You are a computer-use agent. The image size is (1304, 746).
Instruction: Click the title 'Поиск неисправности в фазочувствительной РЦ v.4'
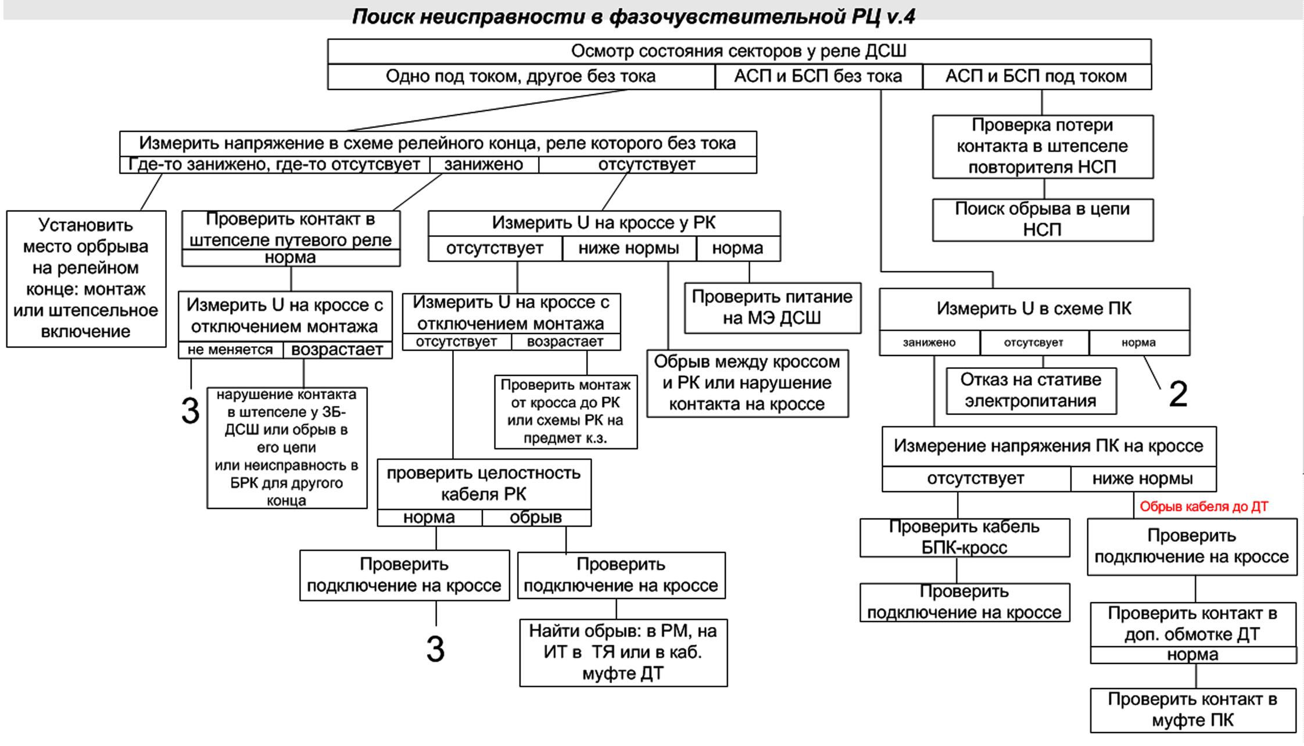[x=633, y=16]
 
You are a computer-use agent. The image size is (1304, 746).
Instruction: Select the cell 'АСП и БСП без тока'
[x=818, y=77]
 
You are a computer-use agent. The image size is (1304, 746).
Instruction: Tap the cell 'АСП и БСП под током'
[x=1036, y=77]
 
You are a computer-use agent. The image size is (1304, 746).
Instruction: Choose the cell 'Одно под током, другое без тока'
[x=521, y=77]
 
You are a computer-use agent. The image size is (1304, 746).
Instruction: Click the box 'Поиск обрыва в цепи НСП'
[x=1043, y=220]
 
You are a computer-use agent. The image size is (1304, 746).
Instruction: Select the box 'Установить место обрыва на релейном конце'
[x=86, y=278]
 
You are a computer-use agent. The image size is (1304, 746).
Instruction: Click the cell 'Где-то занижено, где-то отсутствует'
[x=274, y=165]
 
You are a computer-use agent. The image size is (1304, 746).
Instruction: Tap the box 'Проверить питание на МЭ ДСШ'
[x=772, y=308]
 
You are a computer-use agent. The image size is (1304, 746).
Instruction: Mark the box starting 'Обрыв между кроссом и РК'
[x=747, y=383]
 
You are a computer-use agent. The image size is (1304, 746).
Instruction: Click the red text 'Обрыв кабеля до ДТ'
[x=1203, y=507]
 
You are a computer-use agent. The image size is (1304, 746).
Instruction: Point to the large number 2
[x=1178, y=394]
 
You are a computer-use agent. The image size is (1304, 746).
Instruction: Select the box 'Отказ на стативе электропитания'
[x=1031, y=390]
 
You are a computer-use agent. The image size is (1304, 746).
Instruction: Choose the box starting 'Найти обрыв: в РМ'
[x=623, y=652]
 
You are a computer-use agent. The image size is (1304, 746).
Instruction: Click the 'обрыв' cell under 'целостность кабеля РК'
[x=536, y=518]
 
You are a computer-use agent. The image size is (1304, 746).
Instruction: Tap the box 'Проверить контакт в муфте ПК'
[x=1192, y=710]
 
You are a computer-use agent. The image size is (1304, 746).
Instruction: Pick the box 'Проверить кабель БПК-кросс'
[x=964, y=537]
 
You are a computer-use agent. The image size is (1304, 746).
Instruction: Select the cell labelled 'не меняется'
[x=230, y=350]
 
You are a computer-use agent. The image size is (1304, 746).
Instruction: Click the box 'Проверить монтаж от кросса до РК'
[x=565, y=412]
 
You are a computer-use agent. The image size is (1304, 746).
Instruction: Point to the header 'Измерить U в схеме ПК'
[x=1034, y=309]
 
